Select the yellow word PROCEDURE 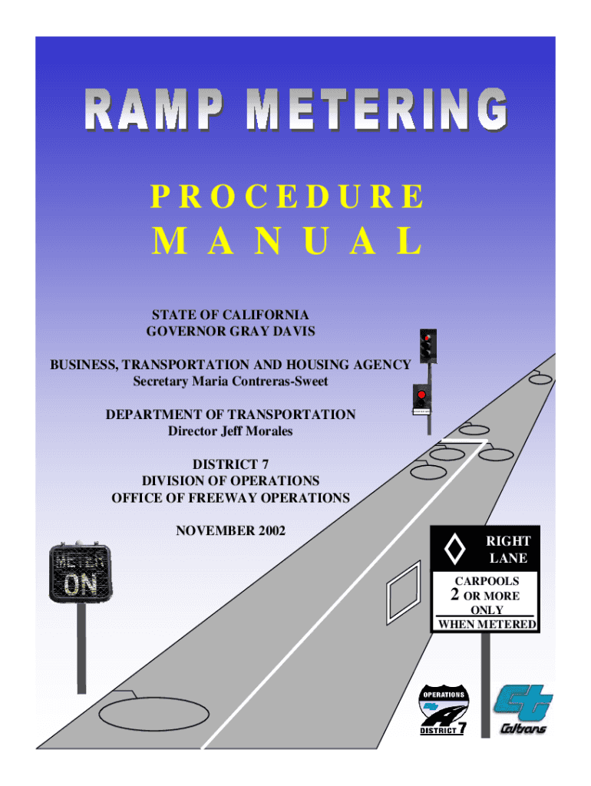pyautogui.click(x=287, y=197)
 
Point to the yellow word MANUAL pyautogui.click(x=287, y=242)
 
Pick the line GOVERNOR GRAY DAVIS pyautogui.click(x=230, y=331)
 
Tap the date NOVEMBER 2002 pyautogui.click(x=230, y=530)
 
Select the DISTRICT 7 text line pyautogui.click(x=230, y=464)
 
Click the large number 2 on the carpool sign pyautogui.click(x=454, y=595)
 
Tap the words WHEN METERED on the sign pyautogui.click(x=487, y=624)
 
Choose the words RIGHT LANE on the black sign pyautogui.click(x=508, y=550)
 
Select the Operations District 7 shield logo pyautogui.click(x=443, y=710)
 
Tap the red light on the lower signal pyautogui.click(x=421, y=395)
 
